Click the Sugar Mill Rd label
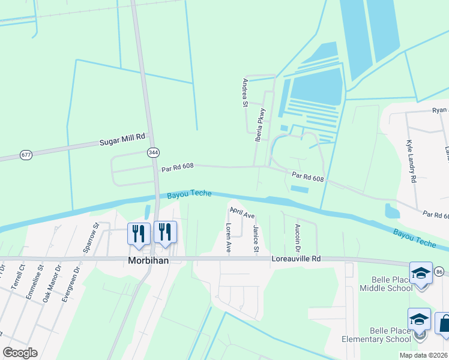tap(122, 140)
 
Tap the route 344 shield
tap(153, 153)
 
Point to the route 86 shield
tap(439, 272)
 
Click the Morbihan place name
tap(147, 260)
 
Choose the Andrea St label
tap(245, 92)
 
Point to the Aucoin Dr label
tap(297, 238)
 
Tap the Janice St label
tap(256, 239)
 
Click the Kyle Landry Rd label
tap(411, 162)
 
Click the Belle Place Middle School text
tap(385, 284)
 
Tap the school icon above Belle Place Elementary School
tap(419, 319)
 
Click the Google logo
tap(20, 353)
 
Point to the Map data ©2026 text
tap(423, 355)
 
